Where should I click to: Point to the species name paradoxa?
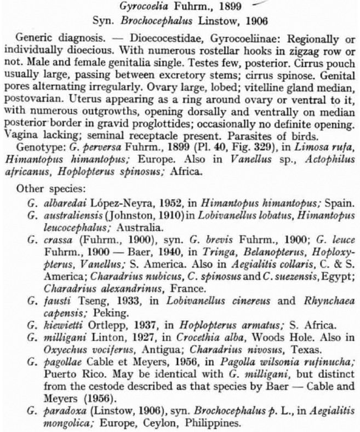point(57,399)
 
